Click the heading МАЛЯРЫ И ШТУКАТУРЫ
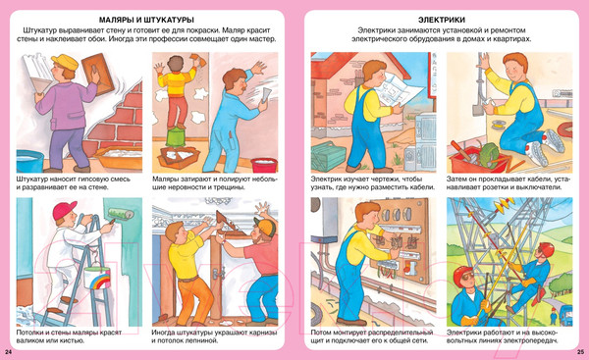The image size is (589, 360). [146, 20]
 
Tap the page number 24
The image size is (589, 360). [9, 352]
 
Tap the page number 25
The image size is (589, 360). [580, 352]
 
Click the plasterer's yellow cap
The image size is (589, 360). [65, 61]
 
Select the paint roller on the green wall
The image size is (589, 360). [121, 213]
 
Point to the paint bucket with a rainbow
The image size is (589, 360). [97, 277]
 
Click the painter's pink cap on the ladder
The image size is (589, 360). [64, 209]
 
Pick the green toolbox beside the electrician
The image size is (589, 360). [328, 156]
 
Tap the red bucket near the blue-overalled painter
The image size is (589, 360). [264, 165]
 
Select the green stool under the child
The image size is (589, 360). [176, 136]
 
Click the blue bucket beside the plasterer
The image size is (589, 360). [29, 161]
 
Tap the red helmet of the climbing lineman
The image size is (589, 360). [546, 248]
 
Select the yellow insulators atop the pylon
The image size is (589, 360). [505, 204]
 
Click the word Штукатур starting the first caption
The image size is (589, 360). [31, 180]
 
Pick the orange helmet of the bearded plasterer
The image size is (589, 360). [266, 226]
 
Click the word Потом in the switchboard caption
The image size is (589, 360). [320, 333]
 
